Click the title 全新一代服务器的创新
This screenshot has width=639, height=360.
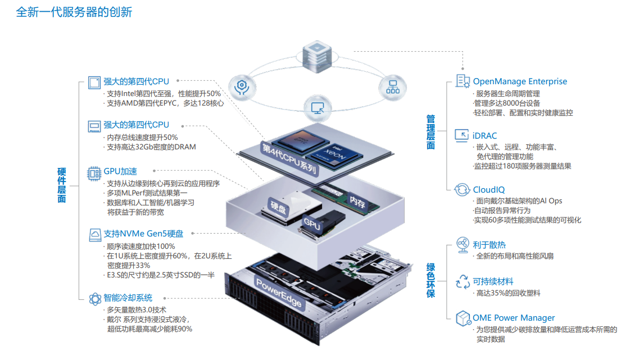click(74, 12)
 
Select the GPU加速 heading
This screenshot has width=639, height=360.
click(120, 171)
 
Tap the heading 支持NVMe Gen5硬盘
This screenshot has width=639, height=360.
click(143, 234)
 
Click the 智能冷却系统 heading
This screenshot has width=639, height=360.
click(128, 298)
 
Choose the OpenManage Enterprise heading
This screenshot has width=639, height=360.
click(520, 81)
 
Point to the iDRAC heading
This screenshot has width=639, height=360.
click(484, 135)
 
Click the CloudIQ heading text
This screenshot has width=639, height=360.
click(488, 190)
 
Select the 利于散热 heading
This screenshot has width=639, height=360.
click(489, 245)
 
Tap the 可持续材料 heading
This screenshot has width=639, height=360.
click(493, 282)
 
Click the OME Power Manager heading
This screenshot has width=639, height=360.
click(514, 318)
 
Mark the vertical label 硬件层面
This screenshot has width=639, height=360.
click(61, 185)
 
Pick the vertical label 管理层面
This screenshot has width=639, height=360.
click(430, 132)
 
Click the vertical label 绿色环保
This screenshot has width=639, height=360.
click(430, 281)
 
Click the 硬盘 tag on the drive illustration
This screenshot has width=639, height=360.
click(279, 207)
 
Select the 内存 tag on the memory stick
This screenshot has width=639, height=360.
click(357, 202)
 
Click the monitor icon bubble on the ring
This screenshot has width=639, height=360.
click(318, 108)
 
